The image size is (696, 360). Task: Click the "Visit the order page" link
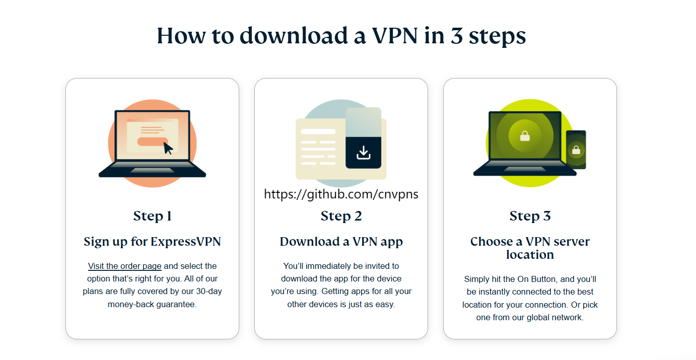pyautogui.click(x=124, y=266)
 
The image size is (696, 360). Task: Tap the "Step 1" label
pyautogui.click(x=152, y=216)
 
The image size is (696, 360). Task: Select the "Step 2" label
pyautogui.click(x=341, y=216)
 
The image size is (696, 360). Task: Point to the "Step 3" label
pyautogui.click(x=530, y=216)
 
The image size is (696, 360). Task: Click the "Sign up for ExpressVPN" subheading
pyautogui.click(x=152, y=242)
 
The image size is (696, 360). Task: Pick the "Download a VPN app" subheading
pyautogui.click(x=341, y=242)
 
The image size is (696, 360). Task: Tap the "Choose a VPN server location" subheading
pyautogui.click(x=530, y=248)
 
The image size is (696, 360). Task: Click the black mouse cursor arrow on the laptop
pyautogui.click(x=168, y=148)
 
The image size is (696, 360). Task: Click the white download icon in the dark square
pyautogui.click(x=363, y=152)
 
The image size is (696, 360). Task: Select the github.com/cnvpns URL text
pyautogui.click(x=341, y=194)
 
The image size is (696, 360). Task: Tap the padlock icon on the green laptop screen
pyautogui.click(x=525, y=135)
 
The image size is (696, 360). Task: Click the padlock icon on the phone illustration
pyautogui.click(x=576, y=150)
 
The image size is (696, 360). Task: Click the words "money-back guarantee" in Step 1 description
pyautogui.click(x=152, y=305)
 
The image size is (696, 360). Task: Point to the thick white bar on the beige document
pyautogui.click(x=318, y=131)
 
